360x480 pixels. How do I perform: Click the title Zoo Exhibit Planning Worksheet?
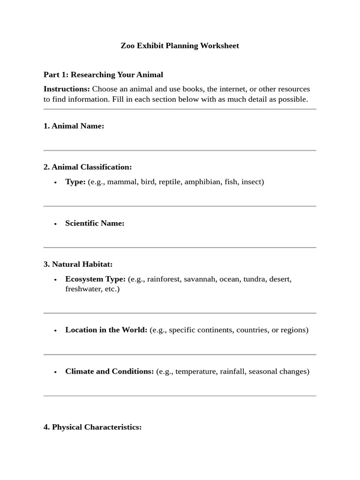pos(180,46)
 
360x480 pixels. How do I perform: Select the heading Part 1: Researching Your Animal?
pos(103,75)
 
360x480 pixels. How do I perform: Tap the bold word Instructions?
pos(67,89)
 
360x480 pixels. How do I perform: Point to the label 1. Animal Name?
pos(74,126)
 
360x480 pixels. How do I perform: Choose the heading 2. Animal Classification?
pos(88,167)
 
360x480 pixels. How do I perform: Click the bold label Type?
pos(75,182)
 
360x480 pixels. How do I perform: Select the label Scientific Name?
pos(95,224)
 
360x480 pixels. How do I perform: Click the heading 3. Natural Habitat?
pos(78,264)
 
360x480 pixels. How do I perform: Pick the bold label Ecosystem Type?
pos(95,279)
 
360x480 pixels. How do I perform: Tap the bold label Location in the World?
pos(106,330)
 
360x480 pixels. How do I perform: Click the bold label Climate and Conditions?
pos(109,372)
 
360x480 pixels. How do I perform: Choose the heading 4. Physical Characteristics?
pos(92,427)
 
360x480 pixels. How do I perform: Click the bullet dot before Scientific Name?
pos(55,224)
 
